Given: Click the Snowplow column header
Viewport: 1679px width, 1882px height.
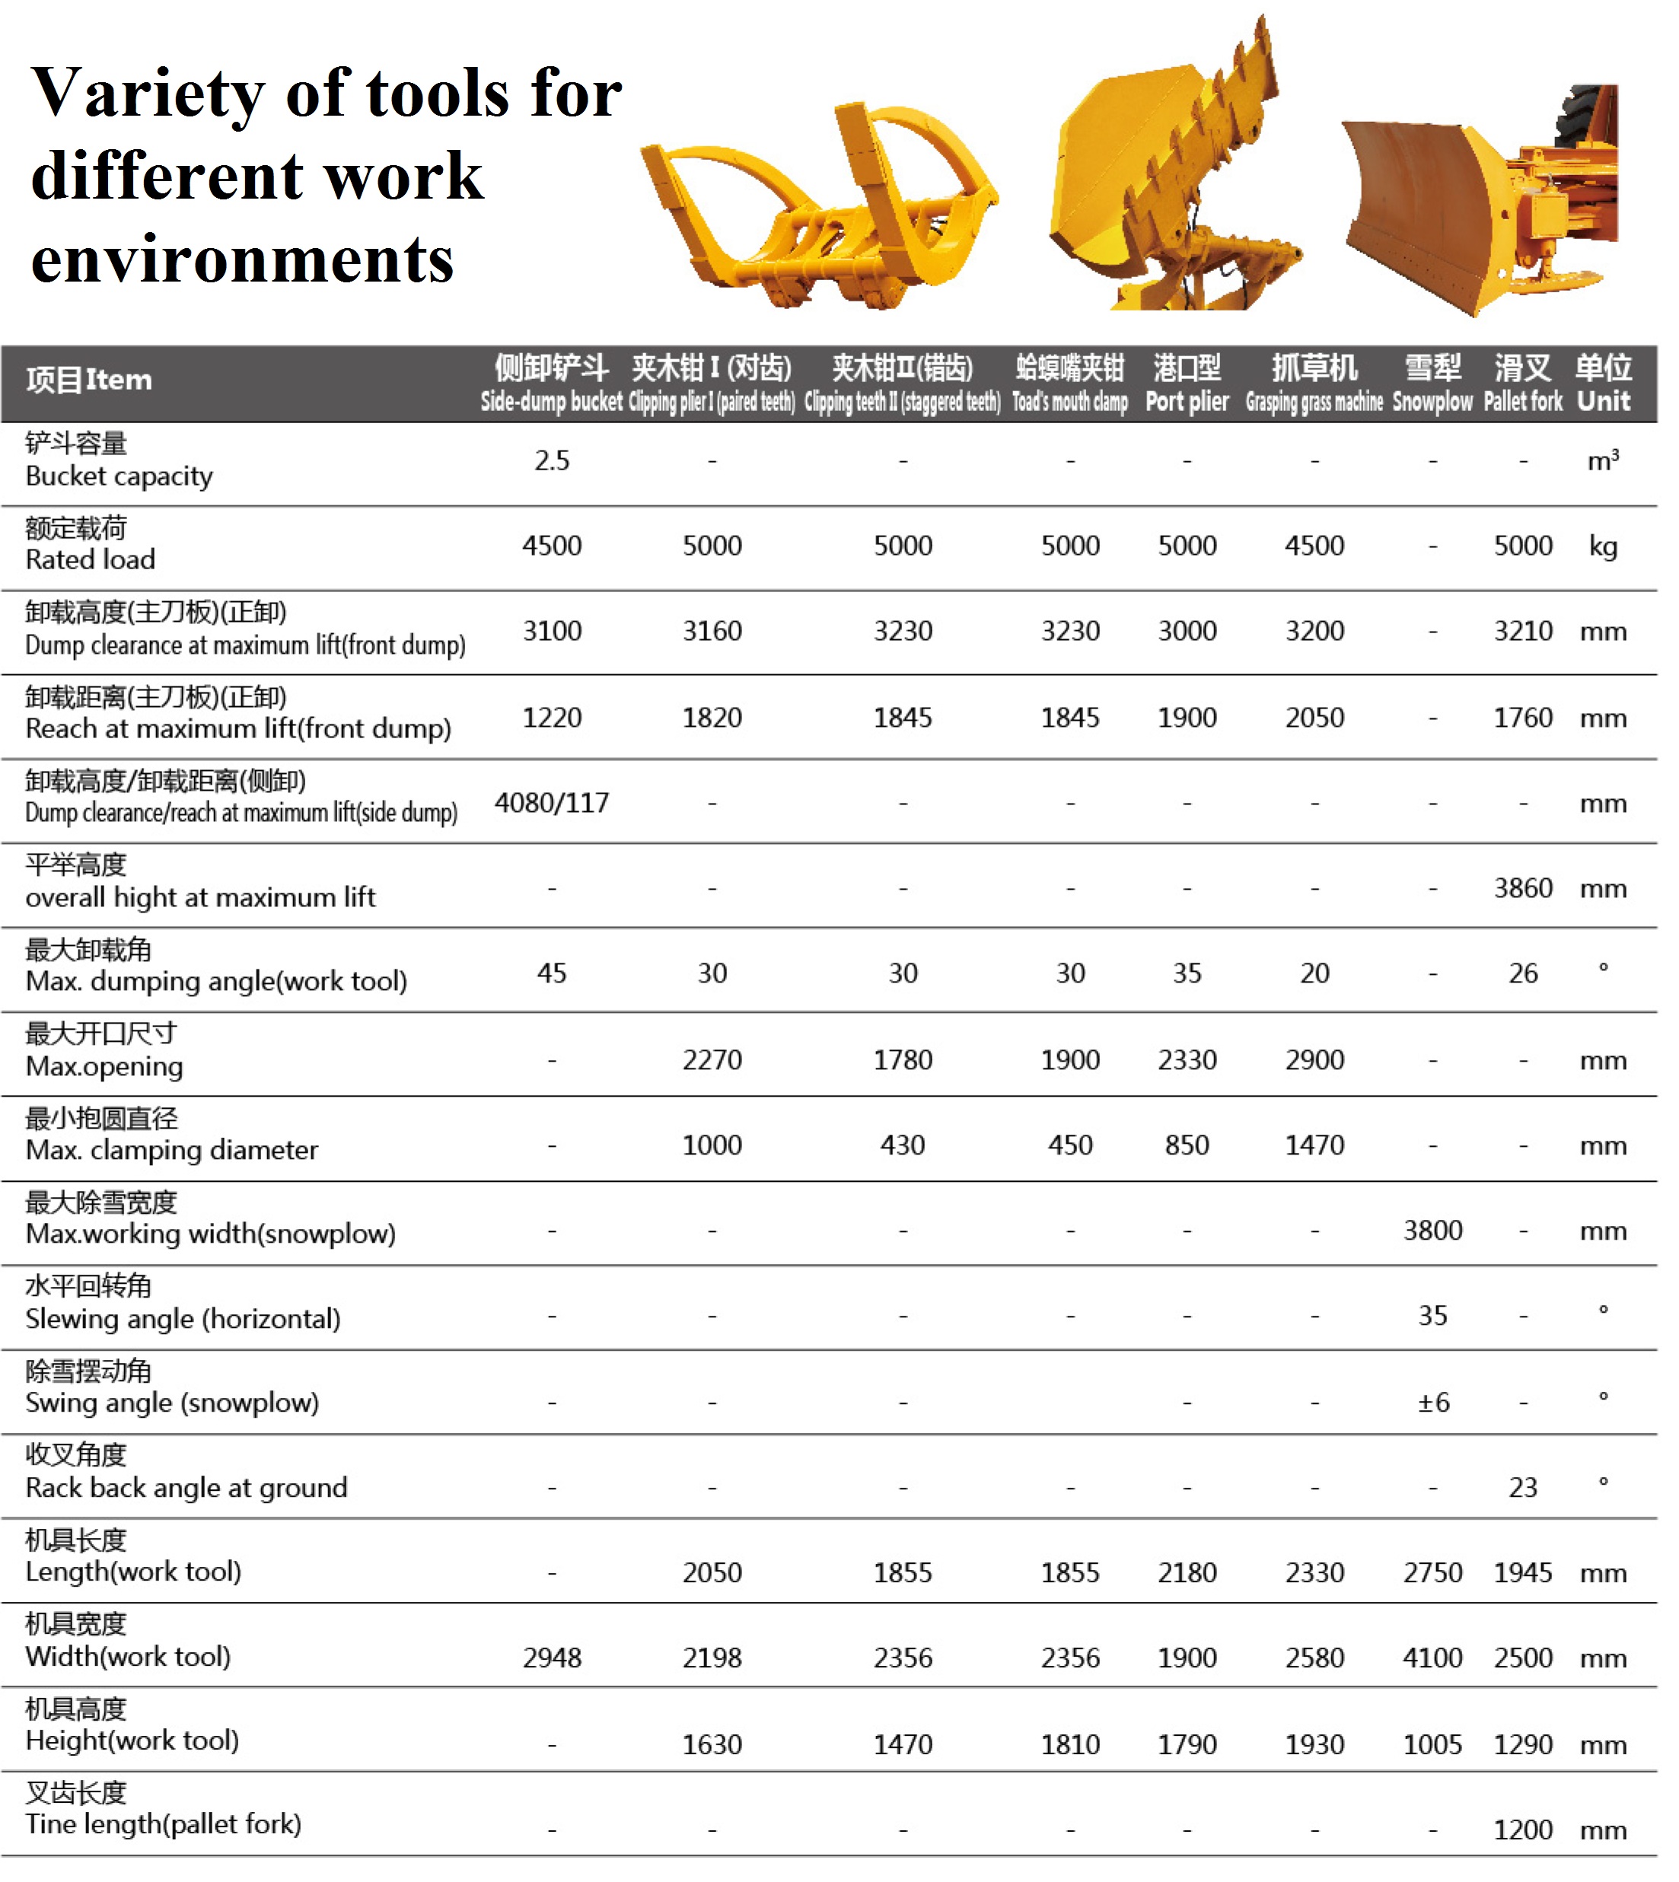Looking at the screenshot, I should (x=1432, y=383).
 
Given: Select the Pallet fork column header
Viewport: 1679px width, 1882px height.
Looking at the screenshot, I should (x=1522, y=383).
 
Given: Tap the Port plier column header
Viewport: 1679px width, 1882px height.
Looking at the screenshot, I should (x=1187, y=383).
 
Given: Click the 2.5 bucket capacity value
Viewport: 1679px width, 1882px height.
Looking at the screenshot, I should (x=552, y=460).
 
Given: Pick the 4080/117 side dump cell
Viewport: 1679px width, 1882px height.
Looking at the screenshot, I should (x=552, y=803).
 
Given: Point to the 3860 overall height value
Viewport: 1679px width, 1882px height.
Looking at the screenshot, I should (x=1523, y=887).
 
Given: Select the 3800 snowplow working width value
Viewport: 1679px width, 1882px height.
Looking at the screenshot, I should (x=1432, y=1230).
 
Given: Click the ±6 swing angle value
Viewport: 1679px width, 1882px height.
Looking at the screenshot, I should (x=1432, y=1403).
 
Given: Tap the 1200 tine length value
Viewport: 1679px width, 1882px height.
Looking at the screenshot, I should (x=1523, y=1829).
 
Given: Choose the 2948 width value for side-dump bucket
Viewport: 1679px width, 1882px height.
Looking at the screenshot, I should (x=552, y=1657).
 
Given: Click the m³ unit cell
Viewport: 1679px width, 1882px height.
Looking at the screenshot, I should (x=1602, y=460).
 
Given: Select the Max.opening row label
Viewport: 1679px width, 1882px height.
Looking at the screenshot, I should (x=104, y=1051).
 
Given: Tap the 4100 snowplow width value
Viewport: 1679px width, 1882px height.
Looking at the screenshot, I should (x=1432, y=1657).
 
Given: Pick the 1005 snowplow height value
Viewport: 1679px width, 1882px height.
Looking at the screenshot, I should (x=1432, y=1744).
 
